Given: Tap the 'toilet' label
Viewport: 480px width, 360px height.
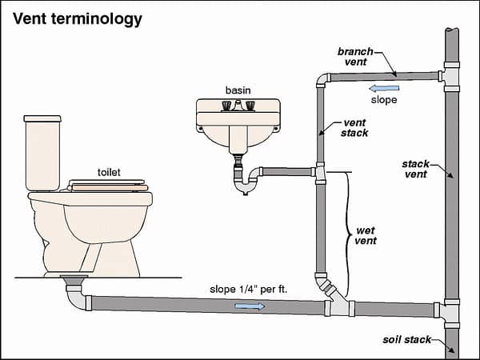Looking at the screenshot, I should tap(110, 172).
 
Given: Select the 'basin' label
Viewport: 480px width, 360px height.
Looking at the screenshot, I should tap(238, 90).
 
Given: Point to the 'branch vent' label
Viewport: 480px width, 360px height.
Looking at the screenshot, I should tap(355, 56).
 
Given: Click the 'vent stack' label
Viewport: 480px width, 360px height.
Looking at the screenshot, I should tap(353, 127).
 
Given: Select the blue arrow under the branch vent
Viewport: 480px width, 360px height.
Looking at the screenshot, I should tap(385, 88).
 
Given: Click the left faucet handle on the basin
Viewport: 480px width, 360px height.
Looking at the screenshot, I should tap(226, 106).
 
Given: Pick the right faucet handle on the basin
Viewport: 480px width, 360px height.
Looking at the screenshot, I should tap(250, 106).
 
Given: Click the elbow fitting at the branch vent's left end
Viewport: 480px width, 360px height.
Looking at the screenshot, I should tap(322, 80).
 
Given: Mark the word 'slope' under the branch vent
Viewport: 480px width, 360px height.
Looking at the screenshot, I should tap(385, 101).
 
